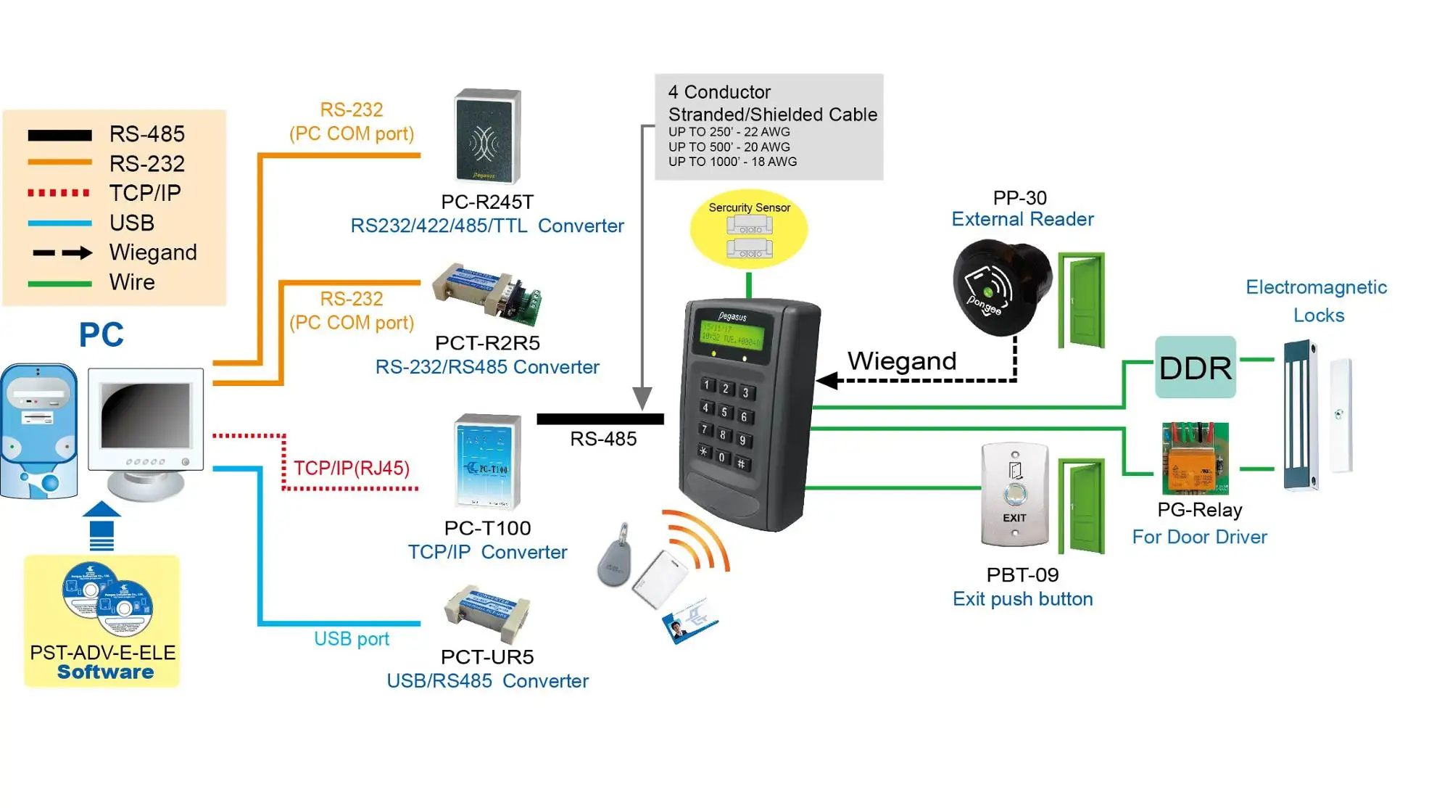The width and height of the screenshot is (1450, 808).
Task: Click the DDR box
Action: pyautogui.click(x=1195, y=367)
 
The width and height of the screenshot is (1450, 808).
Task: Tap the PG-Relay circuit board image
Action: pyautogui.click(x=1195, y=458)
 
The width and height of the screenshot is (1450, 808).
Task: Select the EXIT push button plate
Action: pyautogui.click(x=1014, y=495)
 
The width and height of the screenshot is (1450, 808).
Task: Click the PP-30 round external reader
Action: pyautogui.click(x=1000, y=289)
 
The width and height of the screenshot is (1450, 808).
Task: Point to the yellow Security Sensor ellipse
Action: pyautogui.click(x=748, y=229)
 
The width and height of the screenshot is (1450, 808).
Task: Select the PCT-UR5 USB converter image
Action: pyautogui.click(x=487, y=614)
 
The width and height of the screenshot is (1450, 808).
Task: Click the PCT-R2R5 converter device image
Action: pyautogui.click(x=487, y=294)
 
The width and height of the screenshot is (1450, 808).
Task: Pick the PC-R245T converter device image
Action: pyautogui.click(x=487, y=136)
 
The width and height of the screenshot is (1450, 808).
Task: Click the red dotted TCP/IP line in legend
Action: pyautogui.click(x=59, y=193)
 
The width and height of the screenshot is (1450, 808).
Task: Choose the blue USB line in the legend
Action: pyautogui.click(x=59, y=223)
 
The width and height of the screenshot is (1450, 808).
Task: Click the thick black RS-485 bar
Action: pyautogui.click(x=600, y=419)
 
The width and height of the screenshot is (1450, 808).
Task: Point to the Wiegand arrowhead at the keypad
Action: pyautogui.click(x=827, y=380)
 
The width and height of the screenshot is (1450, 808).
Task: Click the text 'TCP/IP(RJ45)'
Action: pyautogui.click(x=351, y=468)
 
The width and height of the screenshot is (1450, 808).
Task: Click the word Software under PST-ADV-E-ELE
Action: pyautogui.click(x=105, y=672)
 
